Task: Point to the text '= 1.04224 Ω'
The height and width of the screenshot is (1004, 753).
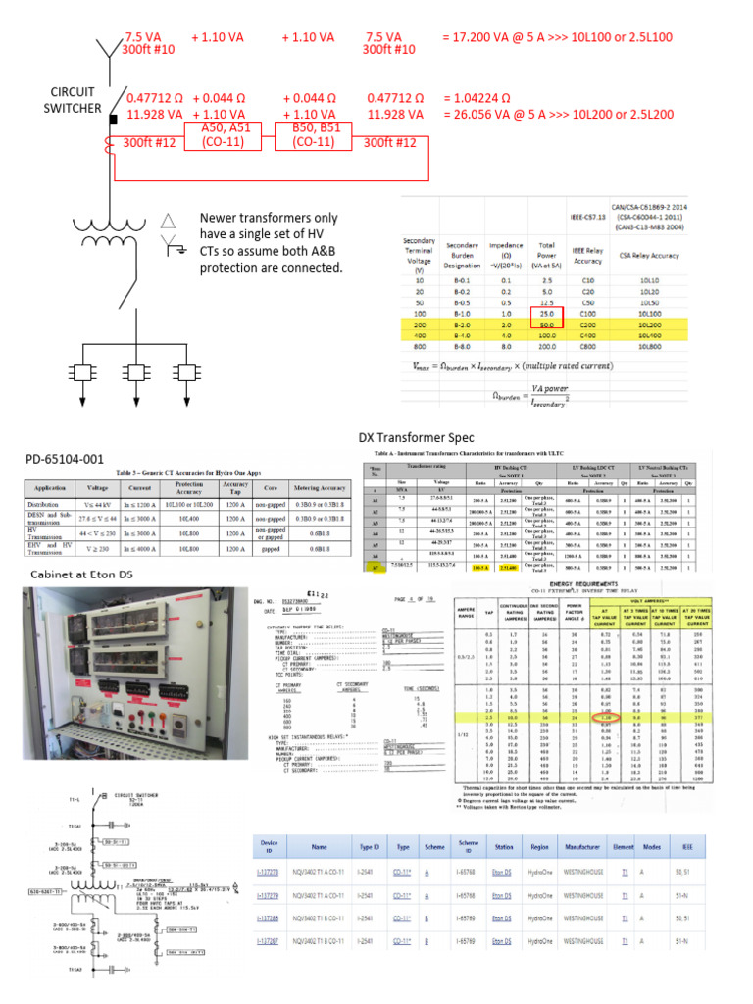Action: pyautogui.click(x=479, y=98)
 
